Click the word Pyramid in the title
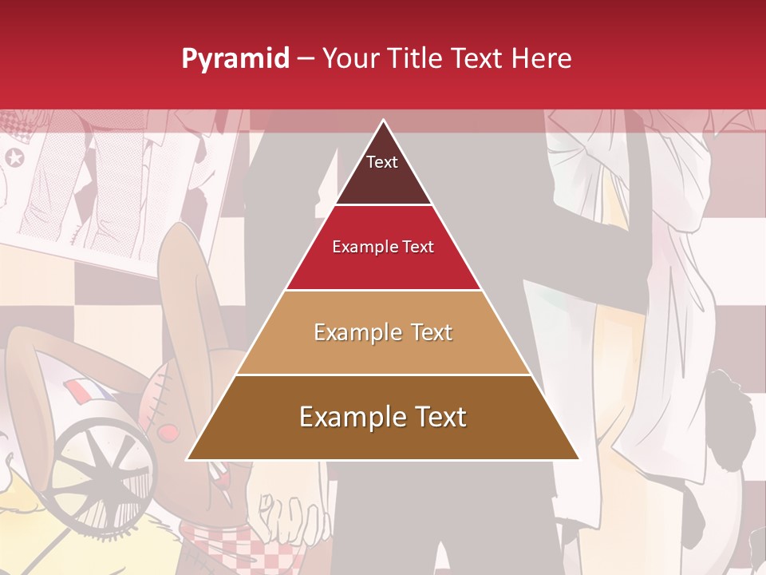(x=235, y=59)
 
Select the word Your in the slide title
(x=353, y=58)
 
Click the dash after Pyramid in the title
(x=306, y=59)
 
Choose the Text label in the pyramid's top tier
(x=382, y=162)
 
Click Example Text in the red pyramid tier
(x=383, y=247)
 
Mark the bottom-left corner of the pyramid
(x=188, y=459)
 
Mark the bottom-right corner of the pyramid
(x=578, y=459)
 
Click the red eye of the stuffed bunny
(x=168, y=432)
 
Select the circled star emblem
(x=14, y=157)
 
